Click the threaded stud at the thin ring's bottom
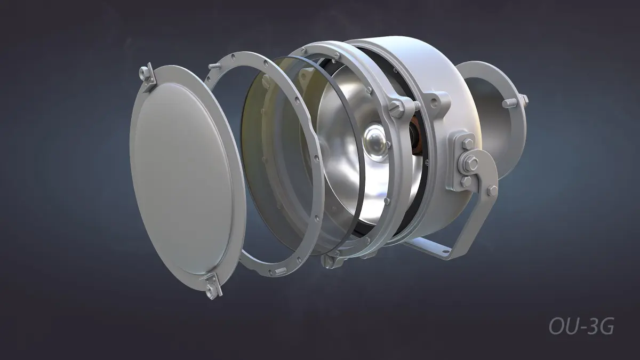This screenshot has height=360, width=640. [281, 271]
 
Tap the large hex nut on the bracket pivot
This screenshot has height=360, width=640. [471, 163]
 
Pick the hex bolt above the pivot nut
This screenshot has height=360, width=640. [467, 143]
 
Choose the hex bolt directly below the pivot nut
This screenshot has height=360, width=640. [466, 181]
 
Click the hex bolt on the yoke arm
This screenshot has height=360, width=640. [492, 190]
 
